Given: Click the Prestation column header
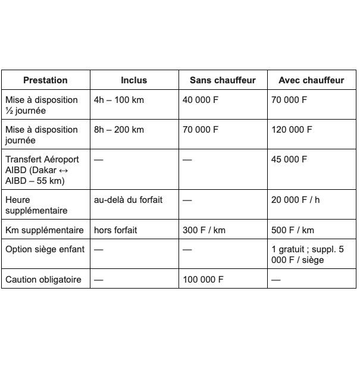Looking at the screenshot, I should pyautogui.click(x=45, y=80).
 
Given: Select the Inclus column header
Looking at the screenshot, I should pyautogui.click(x=134, y=80).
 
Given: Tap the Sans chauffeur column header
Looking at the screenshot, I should pyautogui.click(x=223, y=80).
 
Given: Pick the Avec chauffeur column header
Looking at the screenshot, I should pyautogui.click(x=311, y=80).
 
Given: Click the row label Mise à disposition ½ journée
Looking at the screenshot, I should pyautogui.click(x=42, y=105).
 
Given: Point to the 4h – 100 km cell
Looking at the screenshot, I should pyautogui.click(x=119, y=100).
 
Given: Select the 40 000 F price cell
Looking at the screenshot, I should pyautogui.click(x=201, y=100).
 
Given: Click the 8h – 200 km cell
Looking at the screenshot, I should pyautogui.click(x=119, y=130).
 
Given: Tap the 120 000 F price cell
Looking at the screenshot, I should pyautogui.click(x=292, y=130).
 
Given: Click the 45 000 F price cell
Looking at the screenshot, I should pyautogui.click(x=289, y=159).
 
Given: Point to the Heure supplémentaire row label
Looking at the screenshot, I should pyautogui.click(x=36, y=205).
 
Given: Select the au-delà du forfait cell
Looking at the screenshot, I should pyautogui.click(x=128, y=200).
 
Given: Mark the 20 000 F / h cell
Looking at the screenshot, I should pyautogui.click(x=295, y=200).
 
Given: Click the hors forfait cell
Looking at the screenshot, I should pyautogui.click(x=115, y=230).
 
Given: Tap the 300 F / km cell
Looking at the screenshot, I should pyautogui.click(x=204, y=230).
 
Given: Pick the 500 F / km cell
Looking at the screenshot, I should pyautogui.click(x=293, y=230).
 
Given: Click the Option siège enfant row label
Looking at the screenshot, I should pyautogui.click(x=45, y=249).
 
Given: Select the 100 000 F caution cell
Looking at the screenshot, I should pyautogui.click(x=203, y=279).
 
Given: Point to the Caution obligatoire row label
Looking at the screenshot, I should pyautogui.click(x=43, y=279).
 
